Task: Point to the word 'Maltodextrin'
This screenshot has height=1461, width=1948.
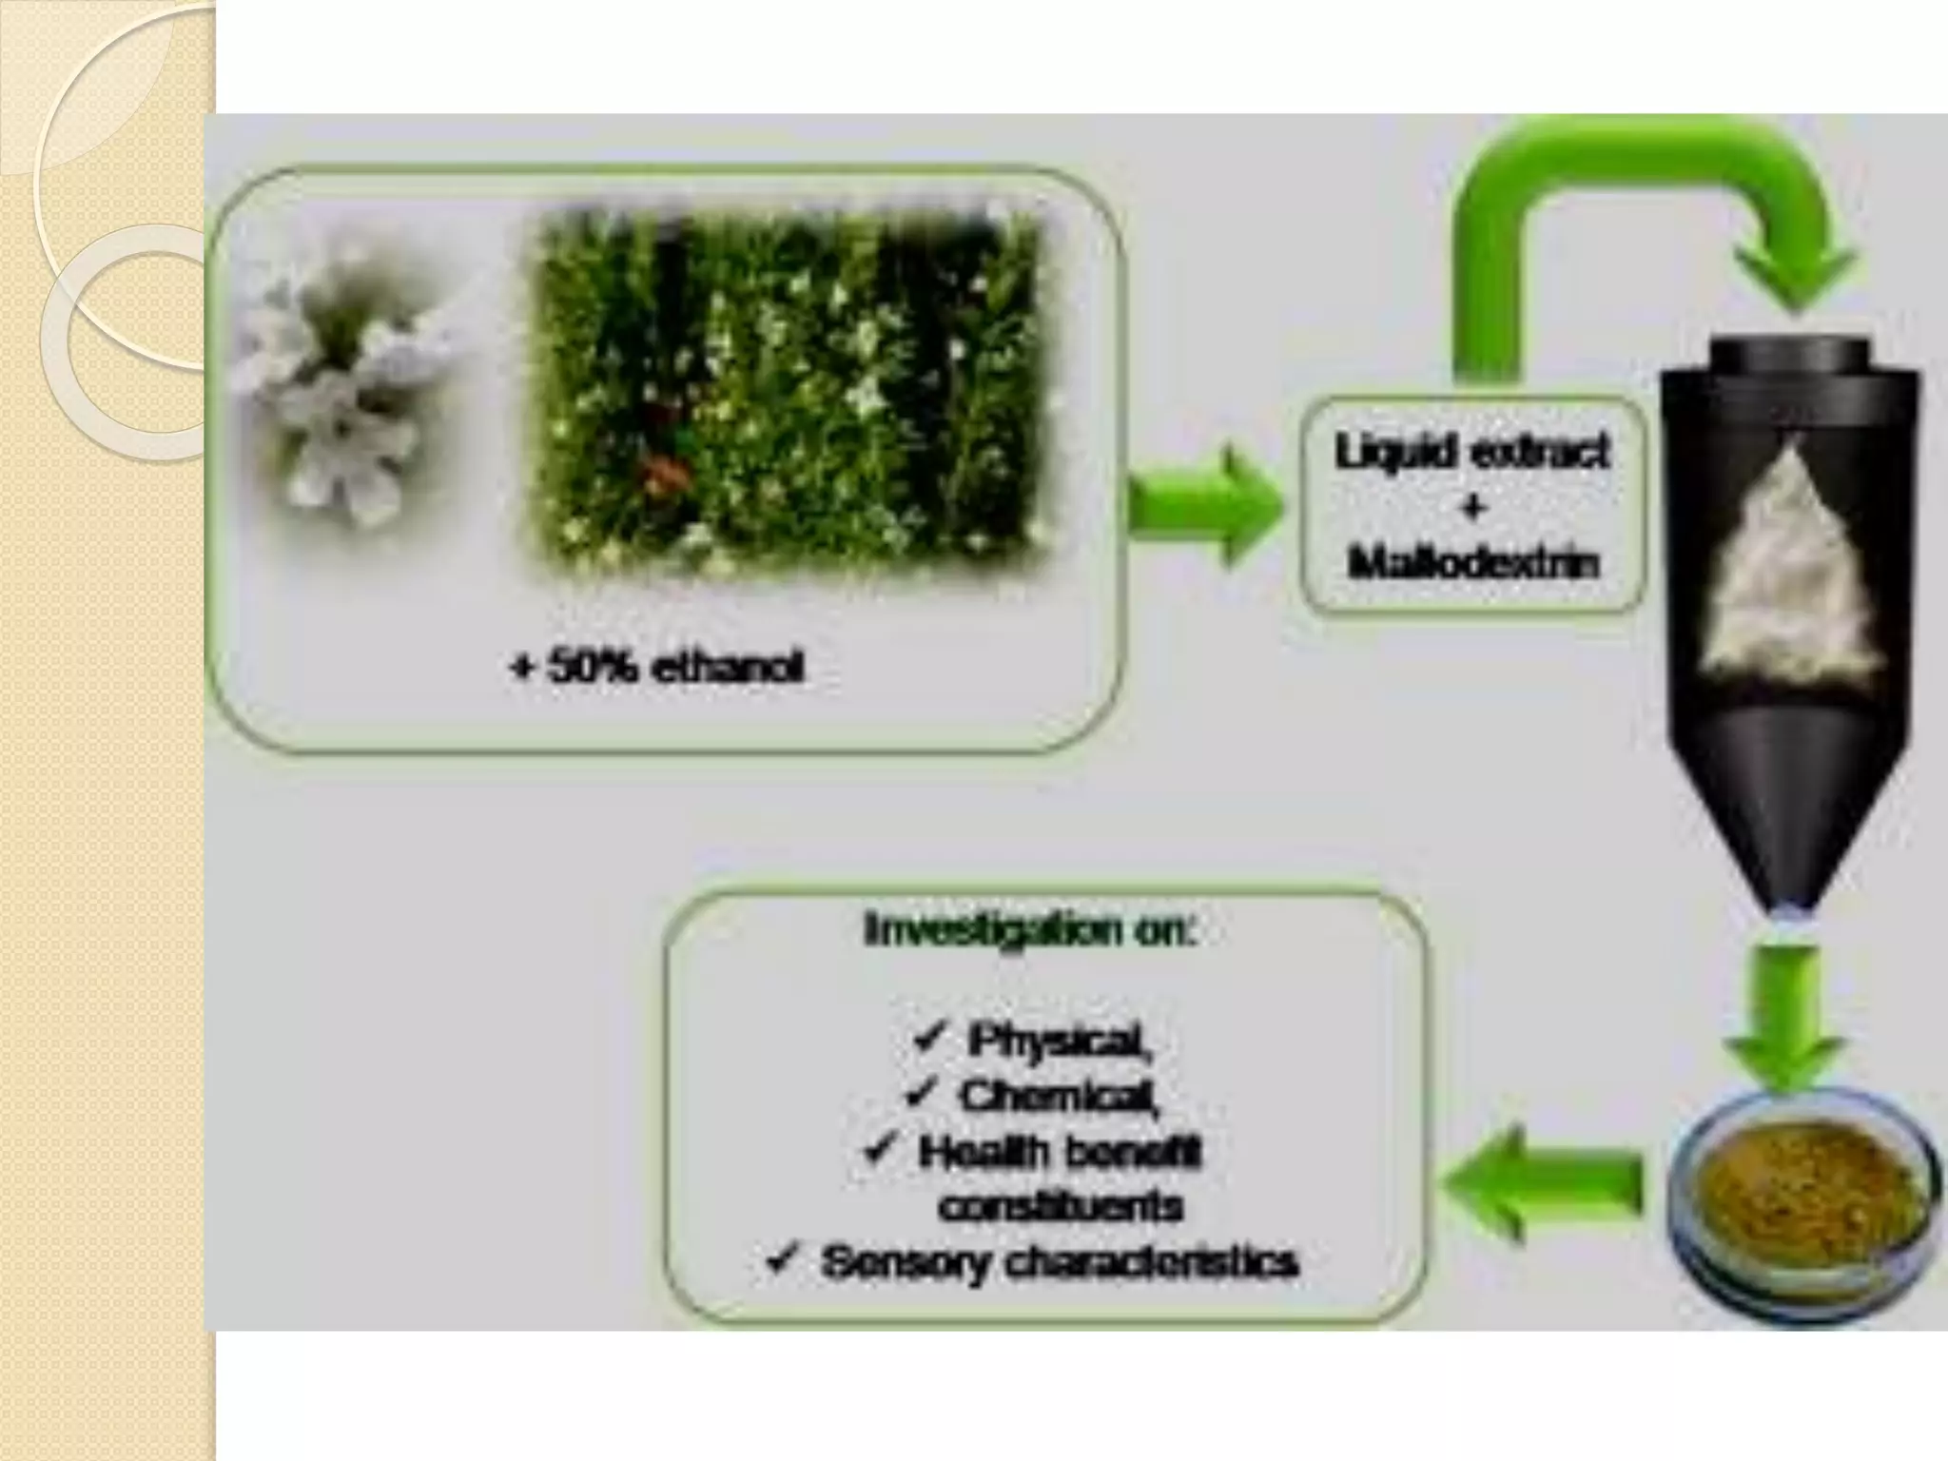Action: (x=1474, y=564)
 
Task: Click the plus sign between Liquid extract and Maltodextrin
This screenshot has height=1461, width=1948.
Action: (x=1473, y=509)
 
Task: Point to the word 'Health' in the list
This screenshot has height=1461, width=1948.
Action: (x=980, y=1152)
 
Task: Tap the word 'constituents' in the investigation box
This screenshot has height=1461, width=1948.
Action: (x=1062, y=1207)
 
